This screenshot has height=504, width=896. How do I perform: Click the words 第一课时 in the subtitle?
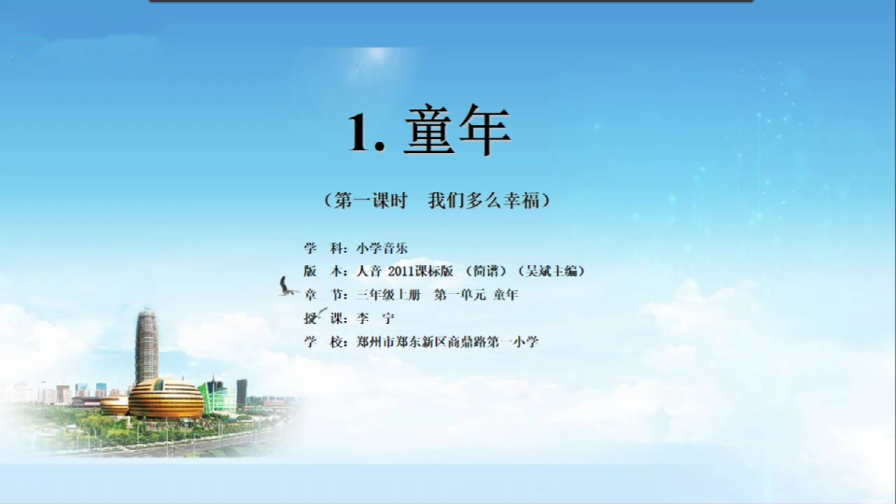pos(371,201)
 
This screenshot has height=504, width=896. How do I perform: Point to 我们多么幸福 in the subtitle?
pos(483,201)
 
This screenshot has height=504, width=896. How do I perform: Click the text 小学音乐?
pos(382,248)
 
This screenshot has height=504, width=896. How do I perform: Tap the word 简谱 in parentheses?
pos(486,272)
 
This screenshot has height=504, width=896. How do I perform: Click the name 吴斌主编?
pos(552,272)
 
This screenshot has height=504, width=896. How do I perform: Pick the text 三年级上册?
pos(388,295)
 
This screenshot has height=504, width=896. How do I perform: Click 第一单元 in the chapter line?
pos(459,295)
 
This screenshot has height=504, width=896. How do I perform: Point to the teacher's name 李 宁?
pos(375,318)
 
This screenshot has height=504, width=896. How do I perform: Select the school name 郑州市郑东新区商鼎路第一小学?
pos(447,342)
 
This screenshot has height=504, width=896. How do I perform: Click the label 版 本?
pos(323,272)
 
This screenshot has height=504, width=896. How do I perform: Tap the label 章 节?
pos(323,295)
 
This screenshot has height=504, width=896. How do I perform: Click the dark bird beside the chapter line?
pos(287,287)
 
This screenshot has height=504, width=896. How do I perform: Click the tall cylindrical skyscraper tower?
pos(147,345)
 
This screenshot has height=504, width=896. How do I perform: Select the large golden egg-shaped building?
pos(166,398)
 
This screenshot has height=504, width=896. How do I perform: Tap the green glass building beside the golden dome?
pos(218,395)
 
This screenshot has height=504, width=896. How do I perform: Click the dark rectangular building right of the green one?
pos(242,393)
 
